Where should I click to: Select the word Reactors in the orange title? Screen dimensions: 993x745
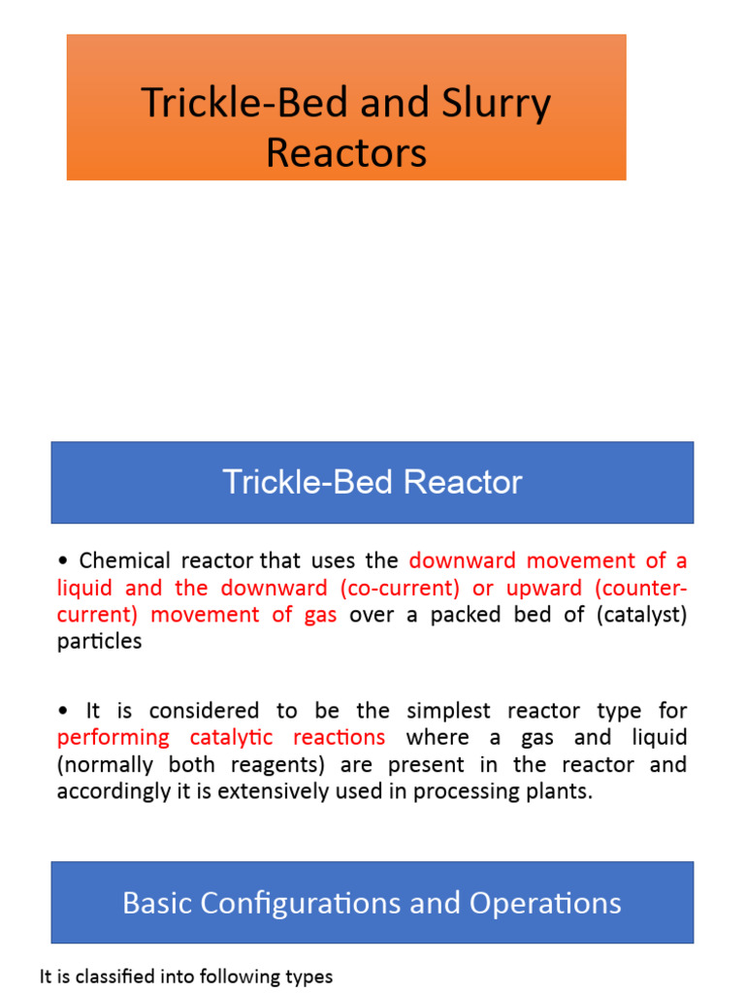[x=346, y=152]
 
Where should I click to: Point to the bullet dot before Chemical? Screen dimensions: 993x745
[x=63, y=561]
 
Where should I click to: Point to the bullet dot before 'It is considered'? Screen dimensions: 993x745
[x=63, y=710]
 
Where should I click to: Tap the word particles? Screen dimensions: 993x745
[x=99, y=642]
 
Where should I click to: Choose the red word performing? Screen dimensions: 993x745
[x=113, y=737]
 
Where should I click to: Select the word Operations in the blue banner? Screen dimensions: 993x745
[x=545, y=904]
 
